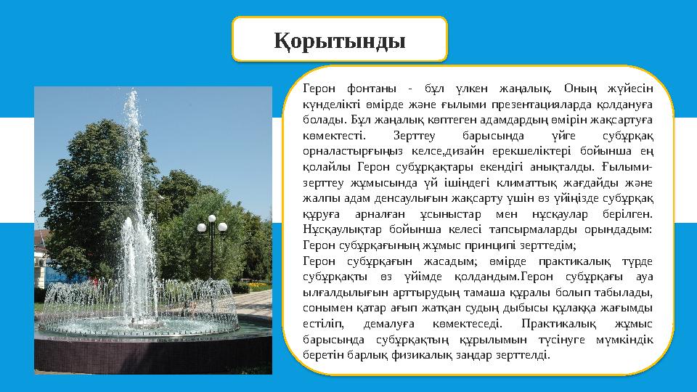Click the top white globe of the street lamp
(x=212, y=218)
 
